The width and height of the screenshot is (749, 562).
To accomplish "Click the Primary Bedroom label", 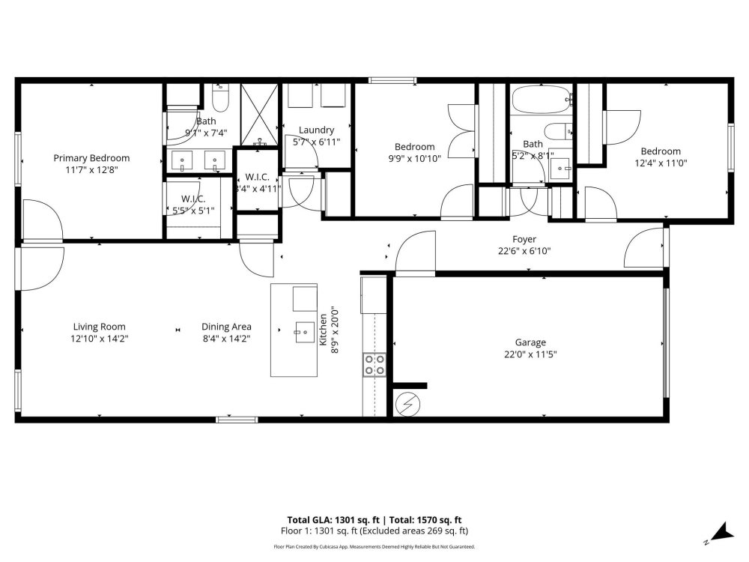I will pyautogui.click(x=91, y=158).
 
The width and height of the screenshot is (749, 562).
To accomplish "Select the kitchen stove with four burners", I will pyautogui.click(x=374, y=364).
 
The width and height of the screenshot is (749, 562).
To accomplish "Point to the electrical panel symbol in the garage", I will pyautogui.click(x=408, y=405).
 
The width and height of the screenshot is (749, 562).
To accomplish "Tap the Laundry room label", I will pyautogui.click(x=316, y=130).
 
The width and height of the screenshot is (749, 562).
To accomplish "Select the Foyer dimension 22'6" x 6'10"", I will pyautogui.click(x=524, y=252).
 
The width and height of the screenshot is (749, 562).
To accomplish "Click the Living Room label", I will pyautogui.click(x=99, y=327).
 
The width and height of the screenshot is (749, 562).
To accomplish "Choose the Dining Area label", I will pyautogui.click(x=226, y=327).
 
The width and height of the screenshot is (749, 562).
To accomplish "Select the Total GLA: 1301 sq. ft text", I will pyautogui.click(x=333, y=519).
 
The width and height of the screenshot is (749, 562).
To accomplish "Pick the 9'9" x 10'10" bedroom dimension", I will pyautogui.click(x=414, y=158).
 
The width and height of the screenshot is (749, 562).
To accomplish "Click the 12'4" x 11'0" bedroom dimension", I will pyautogui.click(x=661, y=163).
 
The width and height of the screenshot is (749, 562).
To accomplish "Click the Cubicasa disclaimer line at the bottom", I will pyautogui.click(x=374, y=547).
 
